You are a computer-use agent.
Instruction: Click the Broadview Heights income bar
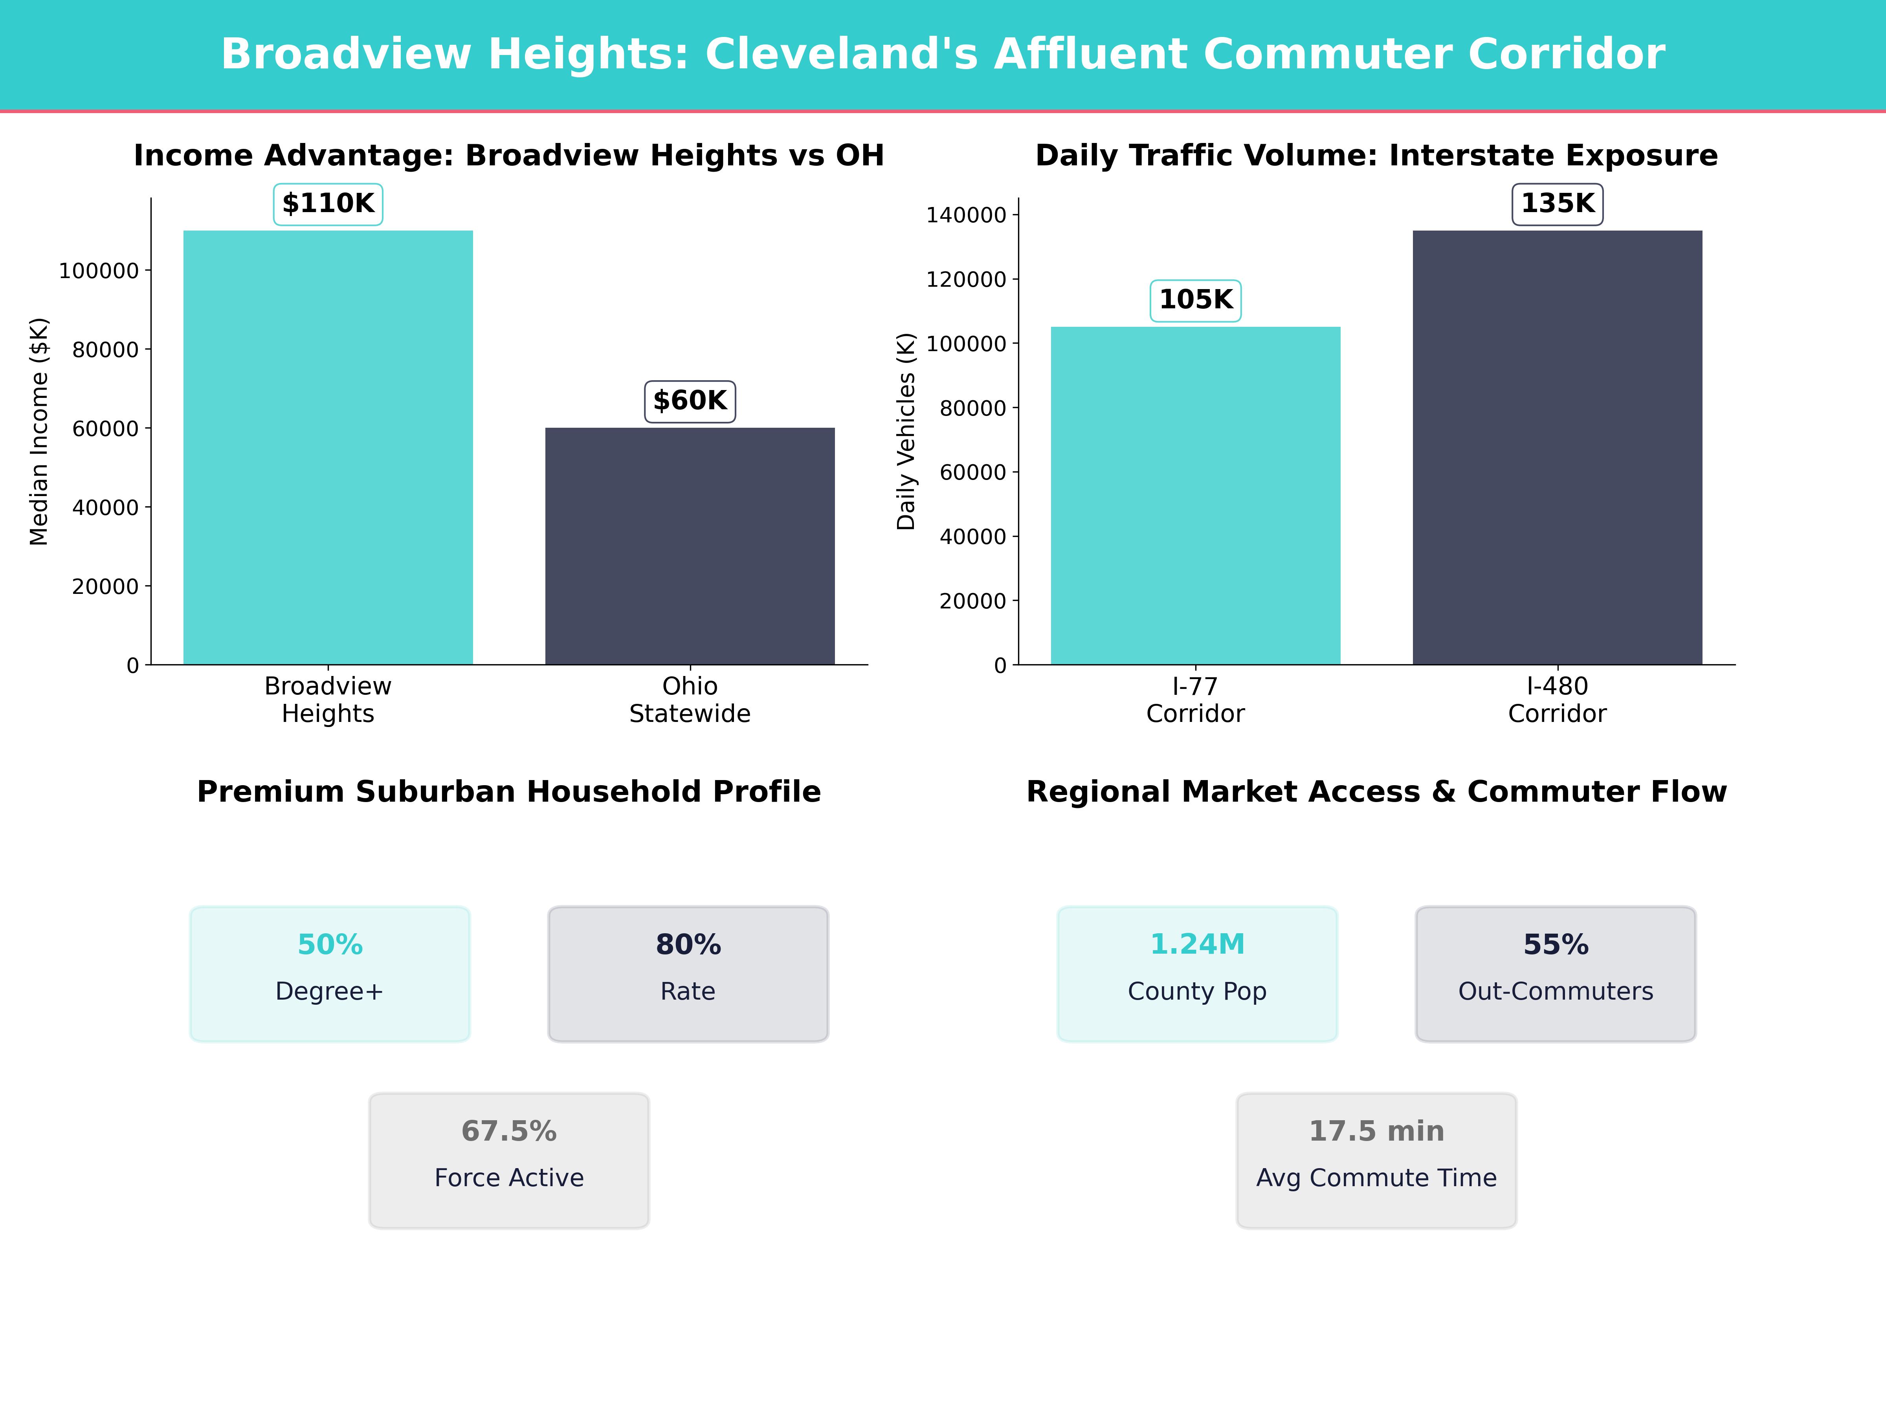[328, 447]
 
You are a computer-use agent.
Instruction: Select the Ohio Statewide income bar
[690, 546]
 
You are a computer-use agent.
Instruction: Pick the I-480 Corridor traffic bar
[1557, 447]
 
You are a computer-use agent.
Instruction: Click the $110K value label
[328, 204]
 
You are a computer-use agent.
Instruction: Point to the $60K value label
[690, 401]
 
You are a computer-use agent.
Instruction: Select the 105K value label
[1195, 300]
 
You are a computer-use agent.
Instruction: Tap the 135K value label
[1557, 204]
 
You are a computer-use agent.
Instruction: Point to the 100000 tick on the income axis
[98, 271]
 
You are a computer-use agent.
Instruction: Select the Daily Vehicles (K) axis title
[906, 431]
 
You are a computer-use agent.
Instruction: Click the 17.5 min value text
[1376, 1131]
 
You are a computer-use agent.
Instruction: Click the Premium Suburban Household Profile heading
[509, 792]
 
